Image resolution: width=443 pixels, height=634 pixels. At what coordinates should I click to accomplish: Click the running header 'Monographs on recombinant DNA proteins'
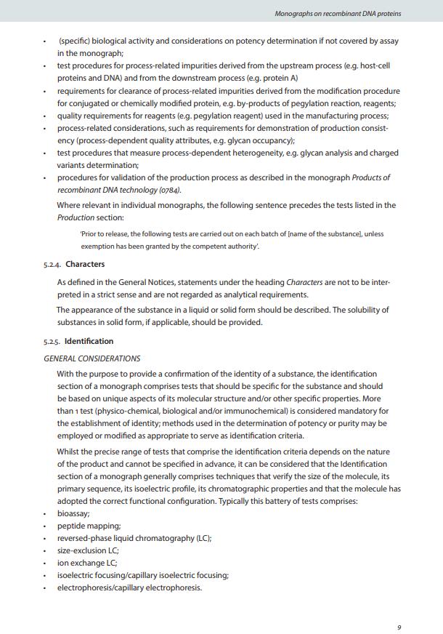click(338, 13)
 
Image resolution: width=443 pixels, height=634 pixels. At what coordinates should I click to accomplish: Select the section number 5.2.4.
click(52, 265)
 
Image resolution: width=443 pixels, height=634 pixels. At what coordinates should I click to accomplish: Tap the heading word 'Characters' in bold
click(85, 265)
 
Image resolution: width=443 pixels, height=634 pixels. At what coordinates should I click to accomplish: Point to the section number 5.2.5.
click(52, 341)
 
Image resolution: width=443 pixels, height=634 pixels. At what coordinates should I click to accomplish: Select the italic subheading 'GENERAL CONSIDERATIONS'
click(92, 358)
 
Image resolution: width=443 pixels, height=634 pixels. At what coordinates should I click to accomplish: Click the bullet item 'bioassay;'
click(73, 513)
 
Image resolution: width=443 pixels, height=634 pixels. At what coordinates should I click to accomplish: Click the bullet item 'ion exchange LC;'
click(87, 563)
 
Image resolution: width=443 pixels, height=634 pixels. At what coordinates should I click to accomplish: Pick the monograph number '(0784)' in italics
click(168, 190)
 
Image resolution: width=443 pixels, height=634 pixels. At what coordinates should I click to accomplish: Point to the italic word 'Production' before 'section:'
click(76, 217)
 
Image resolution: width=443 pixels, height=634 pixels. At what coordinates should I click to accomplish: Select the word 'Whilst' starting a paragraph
click(70, 452)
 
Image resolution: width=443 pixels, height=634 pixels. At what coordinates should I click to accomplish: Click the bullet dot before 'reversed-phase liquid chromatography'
click(45, 539)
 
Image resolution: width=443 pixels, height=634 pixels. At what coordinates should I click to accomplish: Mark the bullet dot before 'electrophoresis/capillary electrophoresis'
click(45, 588)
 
